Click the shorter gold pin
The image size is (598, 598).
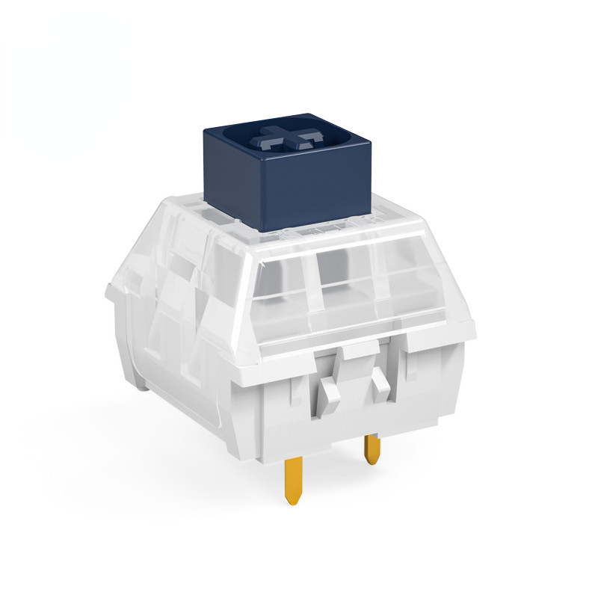click(x=372, y=449)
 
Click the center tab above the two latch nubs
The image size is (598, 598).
click(x=357, y=350)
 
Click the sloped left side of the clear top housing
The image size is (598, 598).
click(x=172, y=262)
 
